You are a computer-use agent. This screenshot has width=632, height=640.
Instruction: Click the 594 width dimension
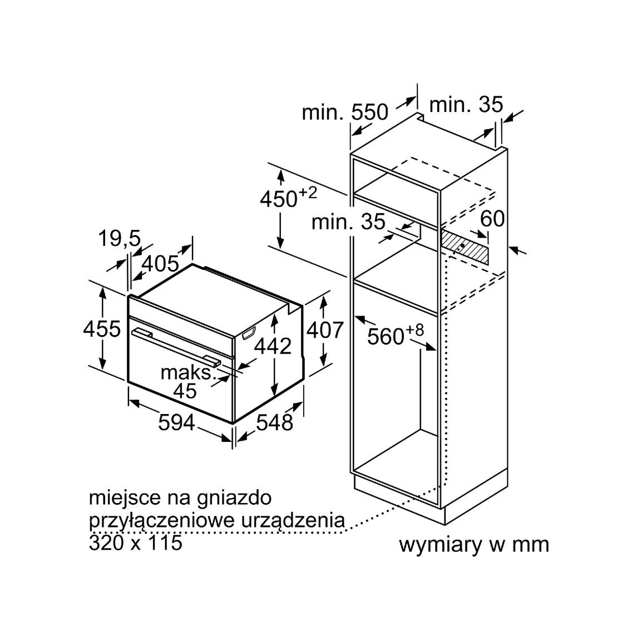(176, 422)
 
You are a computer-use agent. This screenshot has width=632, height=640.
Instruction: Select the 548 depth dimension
(275, 422)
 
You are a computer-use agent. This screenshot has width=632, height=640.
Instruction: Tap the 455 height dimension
(102, 328)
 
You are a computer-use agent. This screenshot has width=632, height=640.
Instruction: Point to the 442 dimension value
(273, 346)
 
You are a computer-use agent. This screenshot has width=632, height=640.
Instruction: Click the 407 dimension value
(325, 330)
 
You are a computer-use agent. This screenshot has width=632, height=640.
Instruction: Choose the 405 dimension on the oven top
(160, 264)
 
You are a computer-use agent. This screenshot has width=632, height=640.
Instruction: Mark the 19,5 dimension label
(119, 239)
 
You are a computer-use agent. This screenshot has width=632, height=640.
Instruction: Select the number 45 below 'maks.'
(185, 391)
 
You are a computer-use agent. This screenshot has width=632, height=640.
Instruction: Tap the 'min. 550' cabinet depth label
(345, 112)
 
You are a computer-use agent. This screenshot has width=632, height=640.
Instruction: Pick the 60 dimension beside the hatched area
(492, 219)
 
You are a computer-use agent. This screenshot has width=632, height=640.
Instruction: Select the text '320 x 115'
(135, 543)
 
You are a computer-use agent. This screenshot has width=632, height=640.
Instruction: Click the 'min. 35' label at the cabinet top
(466, 105)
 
